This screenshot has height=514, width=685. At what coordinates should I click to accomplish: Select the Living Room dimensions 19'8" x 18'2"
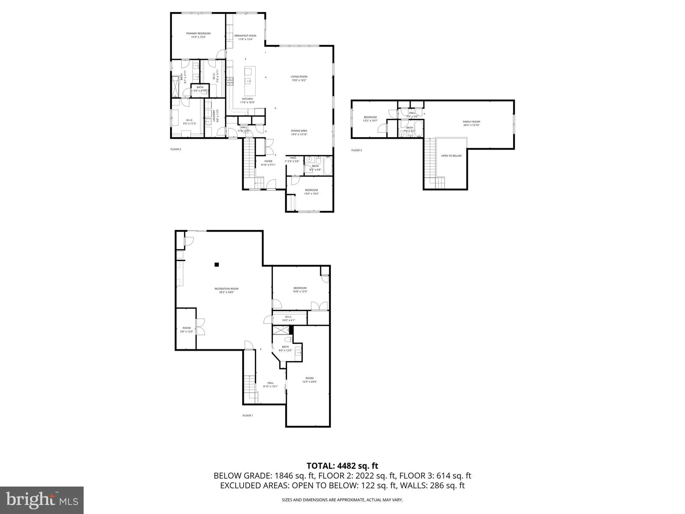coord(299,80)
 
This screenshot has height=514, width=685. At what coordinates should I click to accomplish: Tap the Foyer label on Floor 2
coord(268,161)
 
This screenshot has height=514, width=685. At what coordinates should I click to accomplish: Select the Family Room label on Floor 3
coord(471,122)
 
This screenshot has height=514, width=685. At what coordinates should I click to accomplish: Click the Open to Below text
coord(451,156)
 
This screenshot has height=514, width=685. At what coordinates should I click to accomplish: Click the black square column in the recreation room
coord(216,264)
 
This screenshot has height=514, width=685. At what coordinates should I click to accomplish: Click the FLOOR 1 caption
coord(248,415)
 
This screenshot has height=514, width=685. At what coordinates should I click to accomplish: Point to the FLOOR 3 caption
coord(356,150)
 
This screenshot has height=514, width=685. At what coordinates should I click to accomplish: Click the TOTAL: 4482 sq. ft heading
coord(342,466)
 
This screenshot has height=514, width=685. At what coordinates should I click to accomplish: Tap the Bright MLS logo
coord(42,500)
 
